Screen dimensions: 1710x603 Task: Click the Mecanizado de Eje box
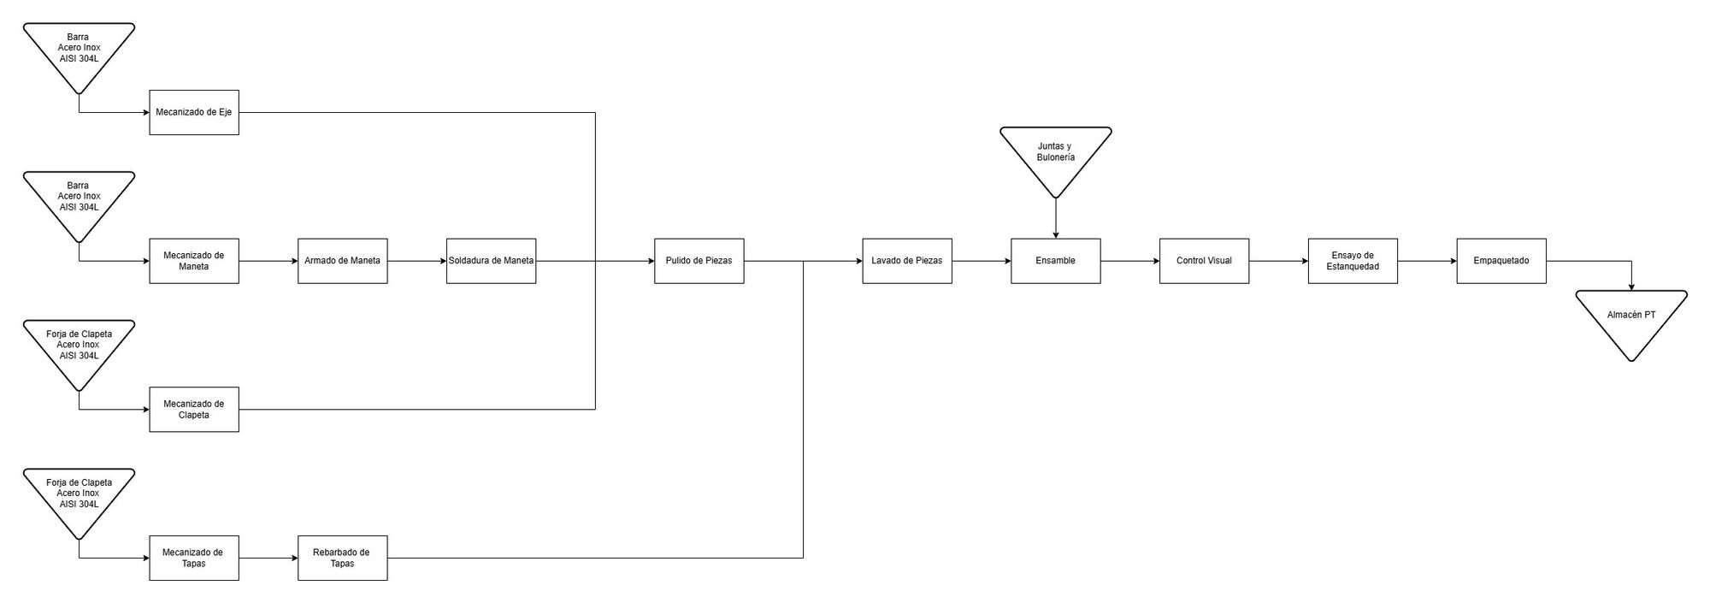point(194,112)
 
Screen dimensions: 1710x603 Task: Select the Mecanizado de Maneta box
point(194,261)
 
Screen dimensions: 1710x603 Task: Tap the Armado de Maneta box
point(343,261)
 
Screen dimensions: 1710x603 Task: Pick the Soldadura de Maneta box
point(492,261)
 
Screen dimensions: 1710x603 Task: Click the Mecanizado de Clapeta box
point(194,410)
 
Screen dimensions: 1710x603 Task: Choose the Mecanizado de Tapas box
point(194,559)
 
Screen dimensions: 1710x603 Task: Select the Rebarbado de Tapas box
point(343,559)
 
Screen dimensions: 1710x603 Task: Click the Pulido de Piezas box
point(699,261)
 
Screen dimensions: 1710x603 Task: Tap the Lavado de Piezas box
point(907,261)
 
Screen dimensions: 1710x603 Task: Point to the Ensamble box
point(1056,261)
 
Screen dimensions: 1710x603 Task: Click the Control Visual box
point(1205,261)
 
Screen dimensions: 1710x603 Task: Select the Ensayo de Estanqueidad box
point(1353,261)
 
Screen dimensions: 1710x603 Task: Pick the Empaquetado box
point(1501,261)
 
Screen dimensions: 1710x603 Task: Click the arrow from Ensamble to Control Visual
point(1130,261)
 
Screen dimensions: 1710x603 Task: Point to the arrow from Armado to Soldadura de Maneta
point(417,261)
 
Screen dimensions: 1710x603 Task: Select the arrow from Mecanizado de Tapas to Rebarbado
point(268,559)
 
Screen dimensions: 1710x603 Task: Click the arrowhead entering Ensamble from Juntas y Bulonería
point(1056,234)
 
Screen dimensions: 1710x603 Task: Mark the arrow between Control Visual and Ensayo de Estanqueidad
point(1279,261)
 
